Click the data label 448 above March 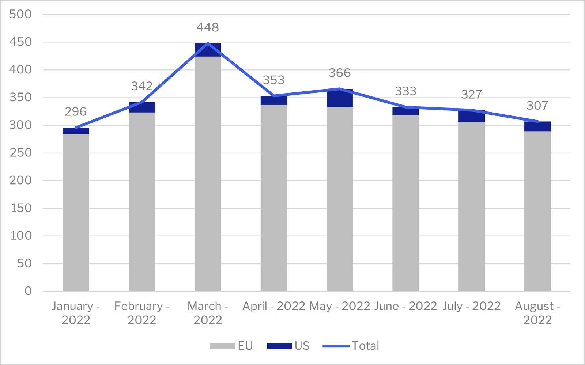208,27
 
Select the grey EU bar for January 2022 76,212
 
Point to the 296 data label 76,111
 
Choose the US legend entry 288,346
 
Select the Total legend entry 351,346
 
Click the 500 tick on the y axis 20,14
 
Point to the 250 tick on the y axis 20,153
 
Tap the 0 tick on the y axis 28,291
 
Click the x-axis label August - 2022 537,313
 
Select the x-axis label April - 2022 274,306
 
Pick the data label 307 537,105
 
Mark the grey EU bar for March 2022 208,174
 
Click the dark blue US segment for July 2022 472,117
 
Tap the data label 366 340,73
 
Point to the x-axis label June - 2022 405,306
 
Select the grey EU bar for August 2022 537,211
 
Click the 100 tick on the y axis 20,236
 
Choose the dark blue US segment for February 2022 142,107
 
